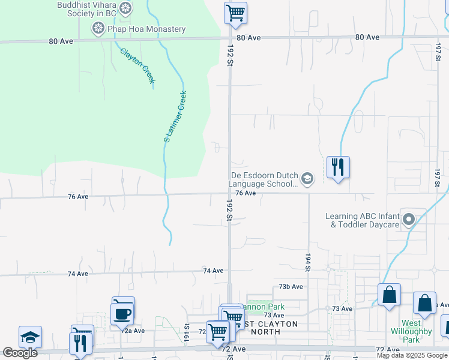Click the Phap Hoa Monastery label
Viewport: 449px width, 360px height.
[146, 29]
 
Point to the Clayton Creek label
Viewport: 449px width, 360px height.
[137, 65]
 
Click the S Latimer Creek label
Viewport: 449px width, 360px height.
[175, 116]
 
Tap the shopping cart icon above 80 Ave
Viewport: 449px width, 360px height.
[235, 12]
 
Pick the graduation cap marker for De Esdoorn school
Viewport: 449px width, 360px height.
[307, 178]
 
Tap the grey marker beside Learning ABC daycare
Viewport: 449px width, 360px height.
[409, 219]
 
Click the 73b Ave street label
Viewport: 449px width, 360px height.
[291, 287]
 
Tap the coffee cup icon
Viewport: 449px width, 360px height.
[122, 314]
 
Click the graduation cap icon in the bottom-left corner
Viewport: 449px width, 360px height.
[30, 337]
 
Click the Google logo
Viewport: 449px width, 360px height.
[20, 353]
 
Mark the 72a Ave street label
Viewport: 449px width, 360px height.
[134, 331]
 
